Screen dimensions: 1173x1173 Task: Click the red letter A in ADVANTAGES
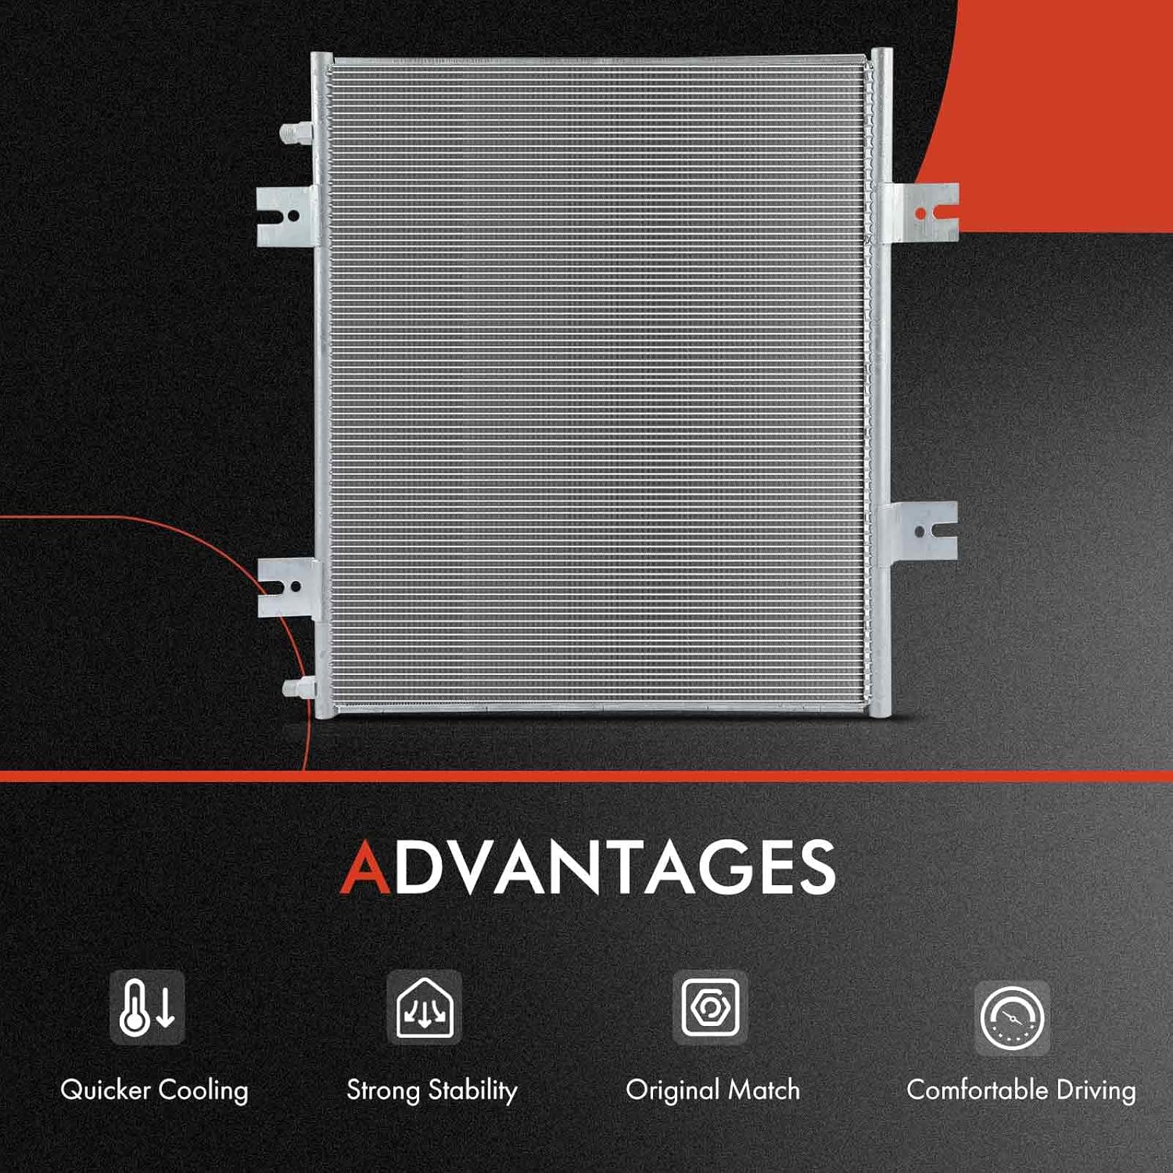365,867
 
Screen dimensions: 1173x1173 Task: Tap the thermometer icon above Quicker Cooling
147,1007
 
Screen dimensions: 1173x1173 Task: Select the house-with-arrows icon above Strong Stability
425,1007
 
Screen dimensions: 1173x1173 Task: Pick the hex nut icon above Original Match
710,1007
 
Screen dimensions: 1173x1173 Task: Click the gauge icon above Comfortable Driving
1012,1017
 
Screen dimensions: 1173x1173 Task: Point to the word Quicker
105,1090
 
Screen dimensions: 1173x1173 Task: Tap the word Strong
383,1090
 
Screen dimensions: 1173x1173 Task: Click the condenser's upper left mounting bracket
285,216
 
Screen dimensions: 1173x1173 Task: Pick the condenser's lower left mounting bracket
286,586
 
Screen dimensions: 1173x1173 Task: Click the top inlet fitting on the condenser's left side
296,133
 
